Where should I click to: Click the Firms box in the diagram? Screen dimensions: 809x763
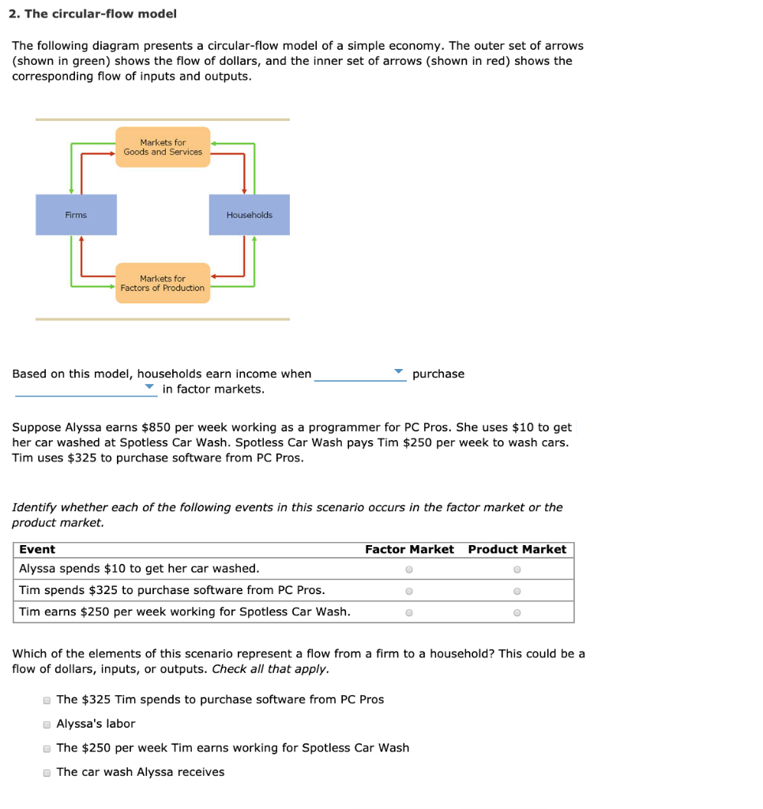click(76, 215)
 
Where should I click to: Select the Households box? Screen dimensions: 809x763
click(249, 215)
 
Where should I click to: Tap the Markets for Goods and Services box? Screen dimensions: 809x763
click(163, 147)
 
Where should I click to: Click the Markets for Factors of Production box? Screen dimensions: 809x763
click(163, 283)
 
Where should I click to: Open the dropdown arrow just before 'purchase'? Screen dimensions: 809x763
click(399, 372)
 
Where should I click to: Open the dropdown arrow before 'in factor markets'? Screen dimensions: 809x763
click(149, 388)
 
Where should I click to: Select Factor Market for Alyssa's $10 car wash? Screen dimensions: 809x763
click(408, 569)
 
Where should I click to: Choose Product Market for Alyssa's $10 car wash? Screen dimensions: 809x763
click(517, 569)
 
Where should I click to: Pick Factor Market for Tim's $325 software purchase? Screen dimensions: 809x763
click(408, 590)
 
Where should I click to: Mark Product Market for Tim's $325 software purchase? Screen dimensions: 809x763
click(517, 590)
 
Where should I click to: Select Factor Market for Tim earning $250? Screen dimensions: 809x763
click(408, 612)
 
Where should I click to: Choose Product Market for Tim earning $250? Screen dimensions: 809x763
click(517, 612)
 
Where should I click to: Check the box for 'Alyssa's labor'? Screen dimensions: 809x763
click(47, 724)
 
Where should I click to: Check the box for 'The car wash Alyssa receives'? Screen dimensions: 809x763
click(47, 773)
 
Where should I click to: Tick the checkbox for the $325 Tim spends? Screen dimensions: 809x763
click(47, 700)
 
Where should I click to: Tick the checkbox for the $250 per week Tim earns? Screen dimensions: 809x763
click(47, 748)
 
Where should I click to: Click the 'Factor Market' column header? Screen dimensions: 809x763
click(409, 549)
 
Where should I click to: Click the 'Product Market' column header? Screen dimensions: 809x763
click(517, 549)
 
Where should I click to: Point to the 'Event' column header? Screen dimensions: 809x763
click(37, 549)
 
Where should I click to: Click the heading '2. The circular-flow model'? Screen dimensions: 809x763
click(94, 13)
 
